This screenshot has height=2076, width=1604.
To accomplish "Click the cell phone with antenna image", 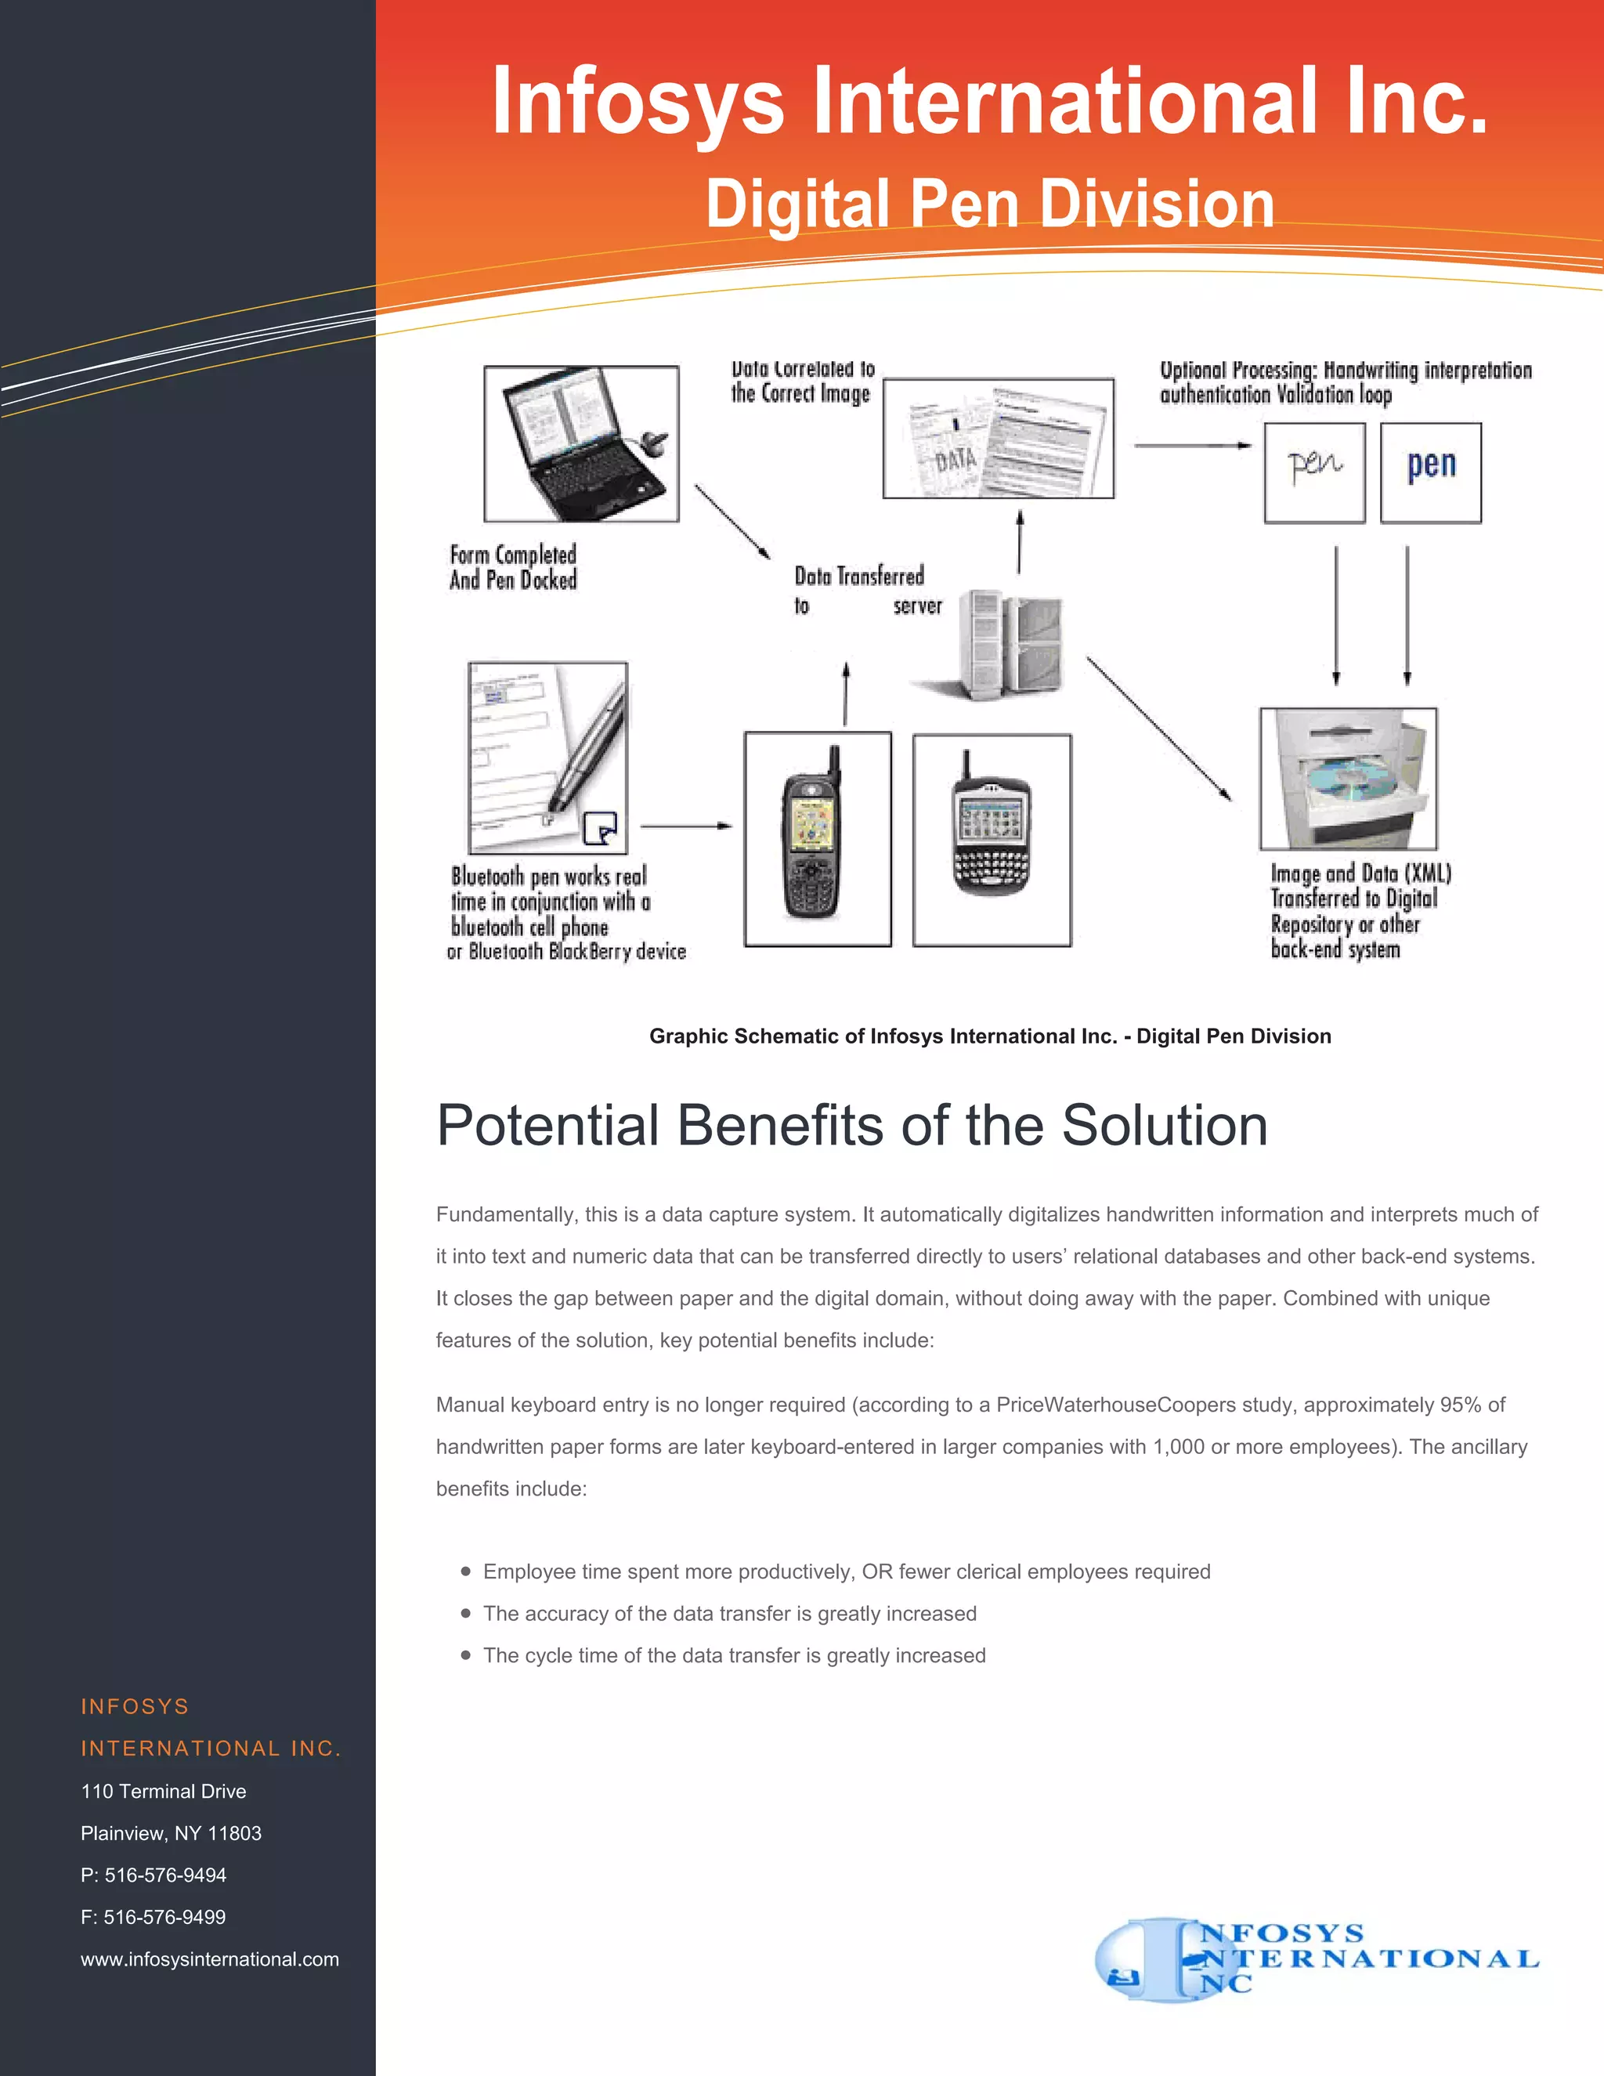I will click(816, 839).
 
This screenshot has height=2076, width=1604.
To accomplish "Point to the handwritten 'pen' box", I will click(1313, 472).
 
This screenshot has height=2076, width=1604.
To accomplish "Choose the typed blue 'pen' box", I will click(1430, 472).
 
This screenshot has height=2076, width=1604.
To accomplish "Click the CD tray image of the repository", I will click(1347, 779).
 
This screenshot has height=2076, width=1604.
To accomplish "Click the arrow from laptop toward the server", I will click(732, 521).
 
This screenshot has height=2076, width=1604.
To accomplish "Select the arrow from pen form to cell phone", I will click(685, 826).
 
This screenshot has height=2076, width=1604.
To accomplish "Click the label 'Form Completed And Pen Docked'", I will click(513, 567).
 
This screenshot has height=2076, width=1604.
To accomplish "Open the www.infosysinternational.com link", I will click(210, 1958).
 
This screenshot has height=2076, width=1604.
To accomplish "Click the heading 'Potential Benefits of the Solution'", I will click(851, 1126).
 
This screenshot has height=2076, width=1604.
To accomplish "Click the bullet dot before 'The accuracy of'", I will click(466, 1613).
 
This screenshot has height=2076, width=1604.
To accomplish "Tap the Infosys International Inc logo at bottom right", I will click(1315, 1958).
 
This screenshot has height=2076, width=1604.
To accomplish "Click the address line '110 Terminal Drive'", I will click(164, 1791).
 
